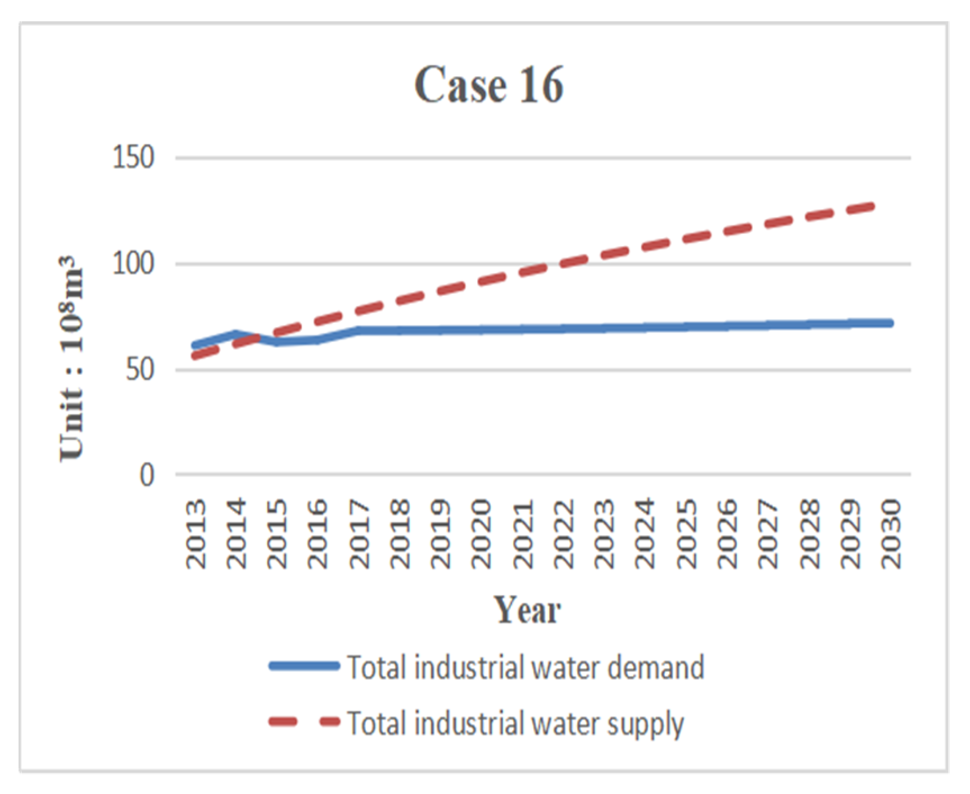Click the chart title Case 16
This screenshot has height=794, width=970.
click(488, 85)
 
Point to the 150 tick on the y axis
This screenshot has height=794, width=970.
click(133, 157)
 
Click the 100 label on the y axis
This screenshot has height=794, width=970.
click(133, 263)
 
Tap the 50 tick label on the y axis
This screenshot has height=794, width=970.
click(139, 369)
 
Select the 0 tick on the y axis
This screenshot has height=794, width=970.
click(147, 475)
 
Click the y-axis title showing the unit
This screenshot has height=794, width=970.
click(72, 359)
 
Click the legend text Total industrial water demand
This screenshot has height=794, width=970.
click(525, 667)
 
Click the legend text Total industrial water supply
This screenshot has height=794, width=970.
click(515, 723)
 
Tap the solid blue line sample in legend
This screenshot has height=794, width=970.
click(305, 666)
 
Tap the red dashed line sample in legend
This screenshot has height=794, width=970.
click(305, 721)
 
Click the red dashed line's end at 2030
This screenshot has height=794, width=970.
click(873, 206)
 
